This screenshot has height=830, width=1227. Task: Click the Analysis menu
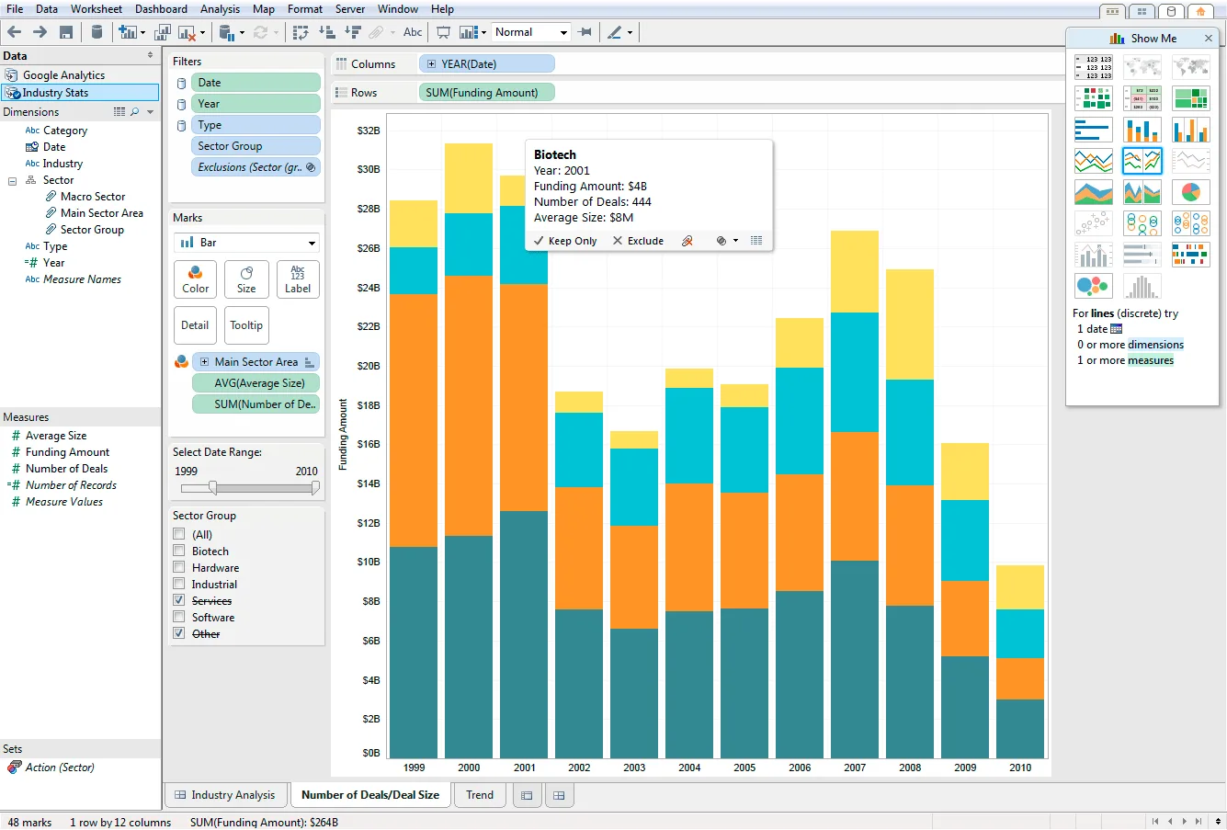tap(220, 9)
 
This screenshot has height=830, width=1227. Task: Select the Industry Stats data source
tap(55, 92)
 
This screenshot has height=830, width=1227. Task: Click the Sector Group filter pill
tap(256, 146)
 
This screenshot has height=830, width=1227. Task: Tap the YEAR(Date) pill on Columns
tap(486, 63)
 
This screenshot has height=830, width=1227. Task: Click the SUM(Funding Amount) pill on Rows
tap(486, 92)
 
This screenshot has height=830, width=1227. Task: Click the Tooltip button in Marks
tap(246, 324)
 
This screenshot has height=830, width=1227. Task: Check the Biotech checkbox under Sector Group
tap(178, 551)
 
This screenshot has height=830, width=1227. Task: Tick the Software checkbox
tap(178, 617)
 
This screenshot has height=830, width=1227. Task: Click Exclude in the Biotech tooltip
tap(638, 241)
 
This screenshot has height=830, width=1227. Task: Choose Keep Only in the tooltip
tap(565, 241)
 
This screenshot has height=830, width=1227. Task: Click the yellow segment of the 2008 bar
tap(909, 324)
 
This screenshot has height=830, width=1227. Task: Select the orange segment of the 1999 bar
tap(414, 420)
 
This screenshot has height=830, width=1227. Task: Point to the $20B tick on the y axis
tap(368, 366)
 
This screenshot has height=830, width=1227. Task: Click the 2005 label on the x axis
tap(744, 767)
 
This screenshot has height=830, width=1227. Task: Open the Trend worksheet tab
tap(479, 794)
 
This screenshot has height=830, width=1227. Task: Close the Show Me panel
tap(1208, 38)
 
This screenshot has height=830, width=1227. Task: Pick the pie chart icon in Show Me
tap(1190, 192)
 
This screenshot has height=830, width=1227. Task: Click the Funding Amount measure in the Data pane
tap(67, 451)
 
